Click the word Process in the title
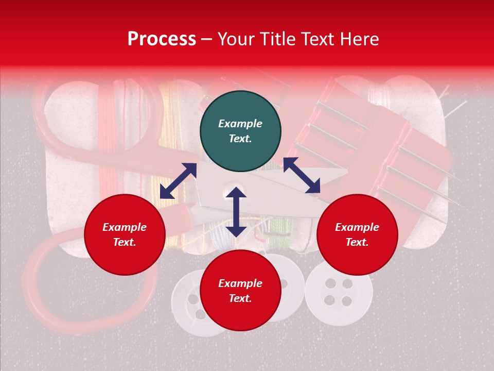[162, 39]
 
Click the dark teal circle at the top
[240, 131]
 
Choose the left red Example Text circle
[125, 234]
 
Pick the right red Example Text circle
[357, 234]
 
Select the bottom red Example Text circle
[240, 291]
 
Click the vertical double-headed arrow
[236, 212]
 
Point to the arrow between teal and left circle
[178, 181]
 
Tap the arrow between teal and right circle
[302, 175]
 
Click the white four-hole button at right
[339, 292]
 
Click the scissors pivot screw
[227, 194]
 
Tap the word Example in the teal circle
[240, 124]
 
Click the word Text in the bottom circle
[240, 298]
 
